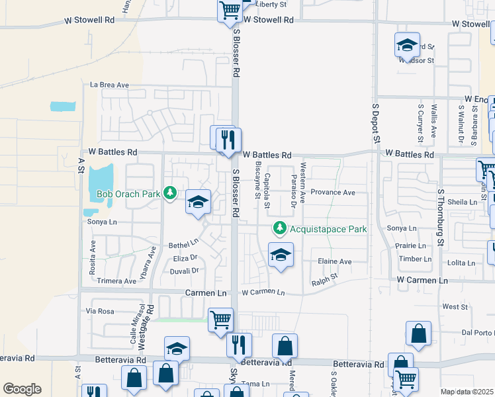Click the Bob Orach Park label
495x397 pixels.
[128, 195]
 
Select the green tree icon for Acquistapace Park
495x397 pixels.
[280, 228]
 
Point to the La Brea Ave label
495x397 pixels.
[109, 85]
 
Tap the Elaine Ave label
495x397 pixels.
[335, 261]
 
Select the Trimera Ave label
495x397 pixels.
[116, 281]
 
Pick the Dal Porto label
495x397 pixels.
[478, 332]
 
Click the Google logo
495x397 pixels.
[22, 389]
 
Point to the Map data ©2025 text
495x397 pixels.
[467, 392]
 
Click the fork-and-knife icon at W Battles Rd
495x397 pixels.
[229, 141]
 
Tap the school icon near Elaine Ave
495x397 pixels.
[281, 255]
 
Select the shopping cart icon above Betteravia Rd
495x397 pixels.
[220, 320]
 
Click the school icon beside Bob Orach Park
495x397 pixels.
[198, 202]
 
